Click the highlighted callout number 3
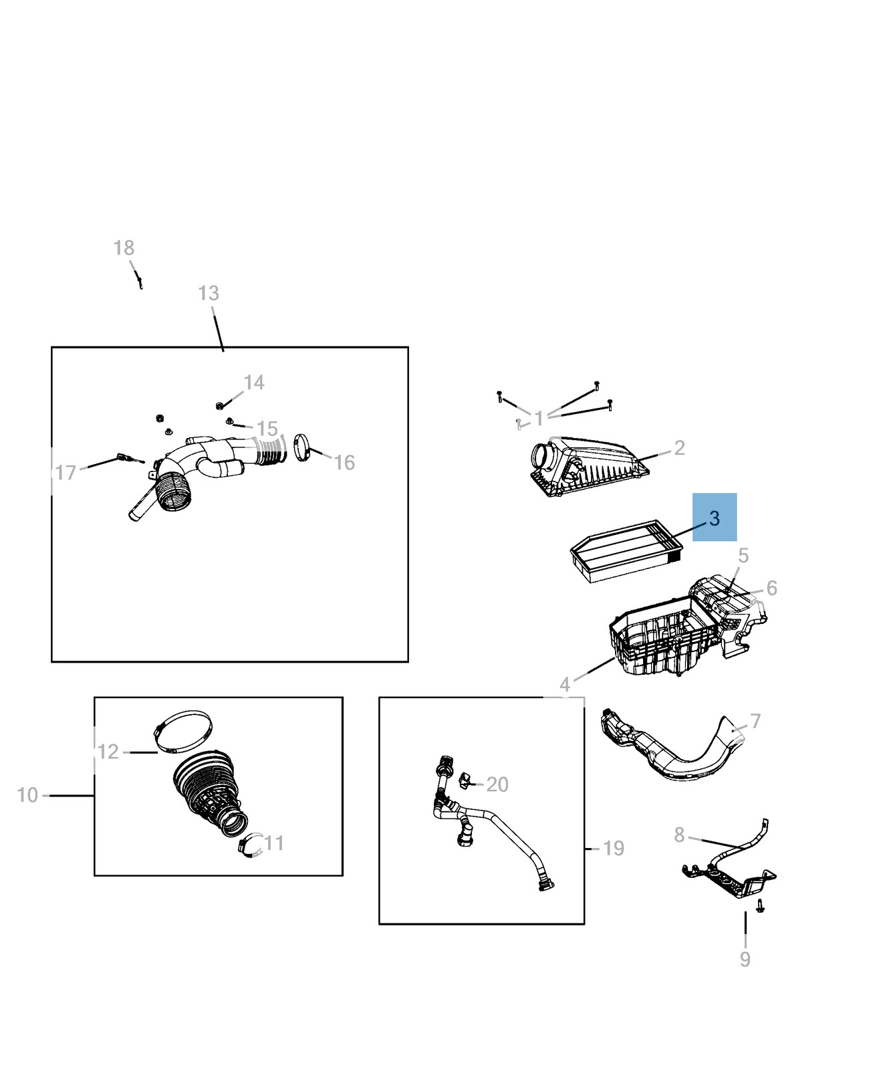(x=715, y=518)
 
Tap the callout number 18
(x=124, y=248)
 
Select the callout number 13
(x=209, y=293)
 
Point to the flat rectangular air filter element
(x=627, y=551)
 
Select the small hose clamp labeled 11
(x=249, y=846)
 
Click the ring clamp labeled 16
(x=303, y=447)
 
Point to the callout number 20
(x=497, y=784)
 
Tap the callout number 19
(x=614, y=848)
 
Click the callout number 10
(x=27, y=795)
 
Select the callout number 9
(x=745, y=959)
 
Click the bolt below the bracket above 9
(x=760, y=906)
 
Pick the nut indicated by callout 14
(x=219, y=405)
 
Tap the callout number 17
(x=66, y=473)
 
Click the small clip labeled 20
(x=466, y=780)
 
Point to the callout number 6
(x=772, y=588)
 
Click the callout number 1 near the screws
(x=539, y=419)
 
